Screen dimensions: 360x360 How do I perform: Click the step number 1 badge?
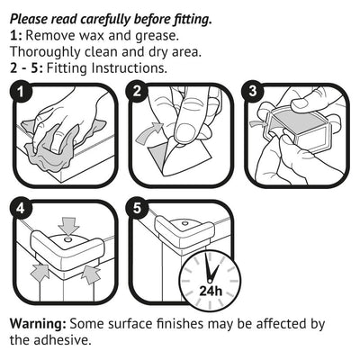[19, 92]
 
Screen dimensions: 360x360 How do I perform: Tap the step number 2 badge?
[137, 92]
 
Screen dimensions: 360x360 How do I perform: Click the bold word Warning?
[37, 324]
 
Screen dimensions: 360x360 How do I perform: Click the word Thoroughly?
[46, 51]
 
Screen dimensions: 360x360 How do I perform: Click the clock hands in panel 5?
[211, 266]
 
